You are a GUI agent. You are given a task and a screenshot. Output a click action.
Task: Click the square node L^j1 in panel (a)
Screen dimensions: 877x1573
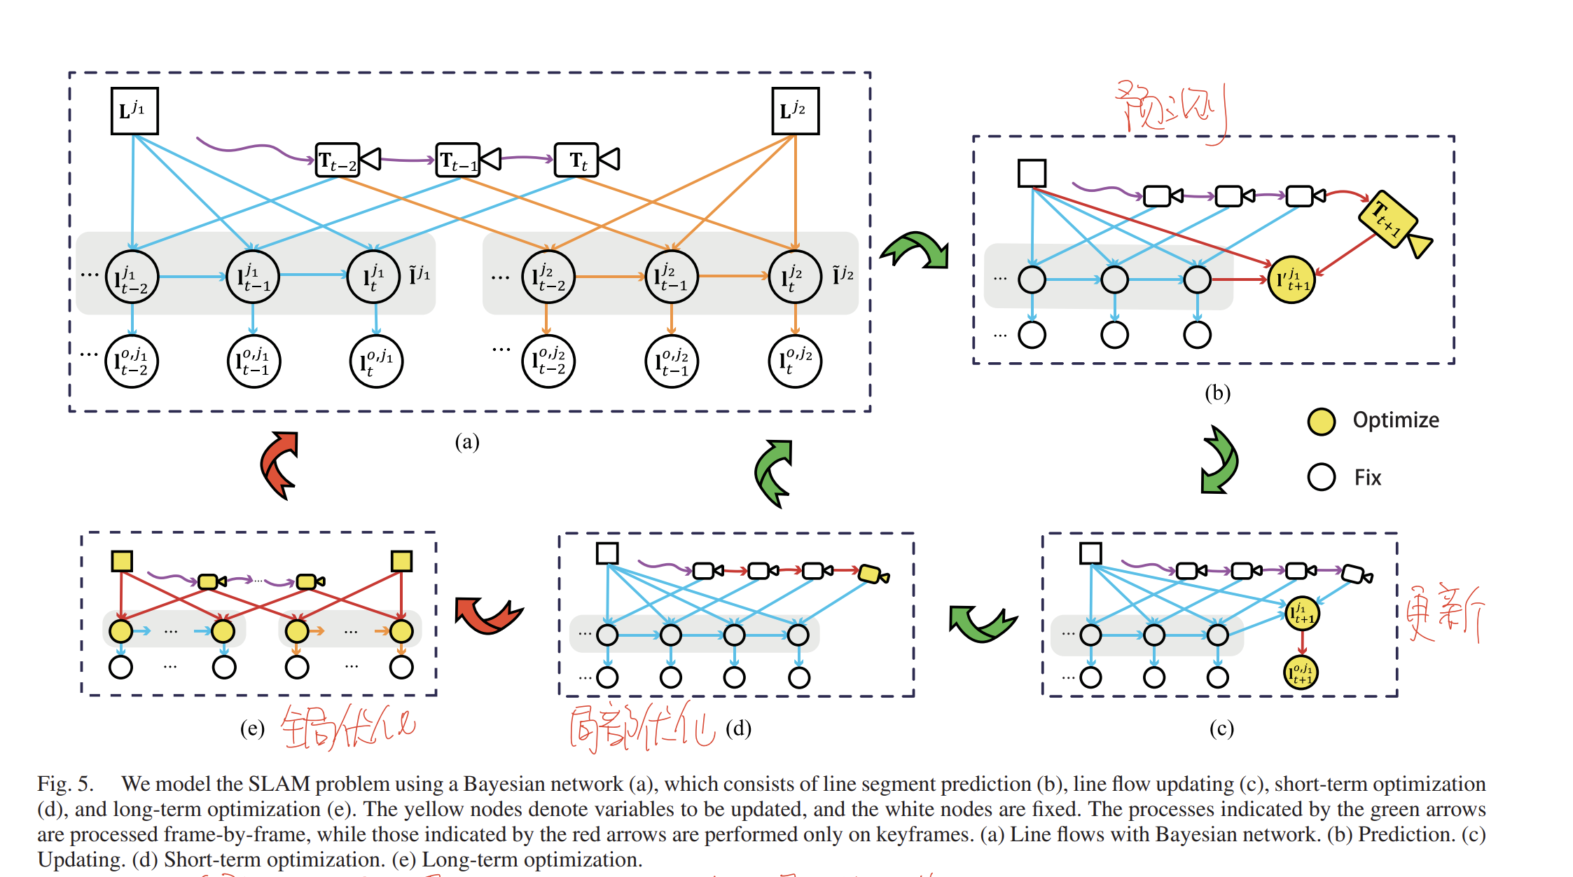click(134, 111)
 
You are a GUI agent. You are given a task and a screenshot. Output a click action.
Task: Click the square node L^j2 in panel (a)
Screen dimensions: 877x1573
click(795, 111)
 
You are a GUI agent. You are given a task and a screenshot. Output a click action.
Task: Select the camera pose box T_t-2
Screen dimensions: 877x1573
click(338, 160)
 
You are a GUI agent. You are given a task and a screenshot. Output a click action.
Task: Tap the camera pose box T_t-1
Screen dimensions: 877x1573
click(458, 160)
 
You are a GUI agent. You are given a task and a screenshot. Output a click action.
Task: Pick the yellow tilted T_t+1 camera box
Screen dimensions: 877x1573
click(1388, 219)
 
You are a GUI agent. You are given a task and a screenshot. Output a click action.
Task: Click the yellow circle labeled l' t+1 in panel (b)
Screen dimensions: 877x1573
click(1291, 279)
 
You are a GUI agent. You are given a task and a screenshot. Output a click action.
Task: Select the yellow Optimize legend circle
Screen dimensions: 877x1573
click(1321, 421)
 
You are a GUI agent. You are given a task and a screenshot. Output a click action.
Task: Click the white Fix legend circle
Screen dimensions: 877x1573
click(1321, 477)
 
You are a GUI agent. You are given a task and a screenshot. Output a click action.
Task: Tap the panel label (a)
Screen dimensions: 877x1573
click(467, 442)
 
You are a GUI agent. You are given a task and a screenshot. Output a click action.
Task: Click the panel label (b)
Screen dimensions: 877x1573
click(1217, 393)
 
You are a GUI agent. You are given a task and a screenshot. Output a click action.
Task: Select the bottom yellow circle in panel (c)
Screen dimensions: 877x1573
click(1301, 672)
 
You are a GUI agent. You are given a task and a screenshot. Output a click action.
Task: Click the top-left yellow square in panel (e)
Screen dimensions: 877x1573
click(122, 561)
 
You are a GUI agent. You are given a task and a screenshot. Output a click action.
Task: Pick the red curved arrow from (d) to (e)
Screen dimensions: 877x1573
click(487, 615)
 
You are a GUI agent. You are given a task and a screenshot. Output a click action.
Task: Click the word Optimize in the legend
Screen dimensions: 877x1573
click(1395, 420)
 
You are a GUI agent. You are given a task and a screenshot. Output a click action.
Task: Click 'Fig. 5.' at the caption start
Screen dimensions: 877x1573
click(65, 784)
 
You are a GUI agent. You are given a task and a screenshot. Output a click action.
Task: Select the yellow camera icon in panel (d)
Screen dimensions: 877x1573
click(872, 574)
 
